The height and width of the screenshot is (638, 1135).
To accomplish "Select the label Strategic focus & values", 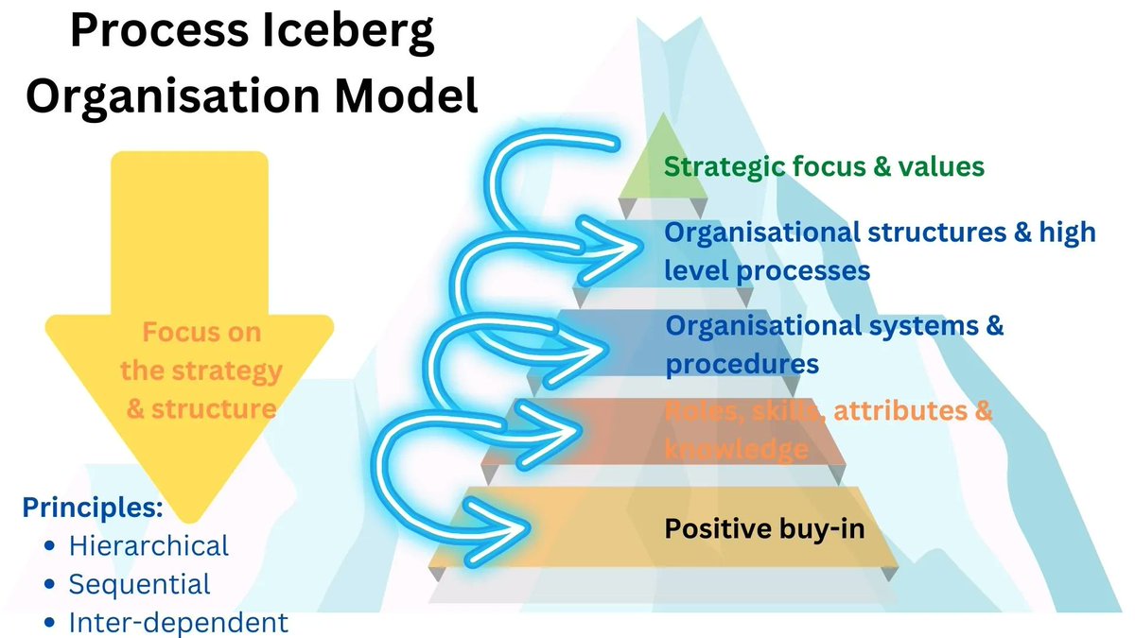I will [824, 167].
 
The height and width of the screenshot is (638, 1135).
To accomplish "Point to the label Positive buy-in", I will [764, 528].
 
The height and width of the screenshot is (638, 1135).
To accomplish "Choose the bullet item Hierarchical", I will [148, 545].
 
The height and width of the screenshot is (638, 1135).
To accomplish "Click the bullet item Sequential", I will [139, 584].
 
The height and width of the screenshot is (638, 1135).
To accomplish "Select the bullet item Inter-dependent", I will [178, 623].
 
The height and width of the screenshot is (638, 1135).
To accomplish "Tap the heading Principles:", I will [93, 508].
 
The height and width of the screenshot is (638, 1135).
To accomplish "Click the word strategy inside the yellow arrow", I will [227, 371].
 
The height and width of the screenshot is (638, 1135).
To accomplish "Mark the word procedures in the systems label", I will [742, 364].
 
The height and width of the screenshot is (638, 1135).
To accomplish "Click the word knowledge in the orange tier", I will [736, 450].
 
